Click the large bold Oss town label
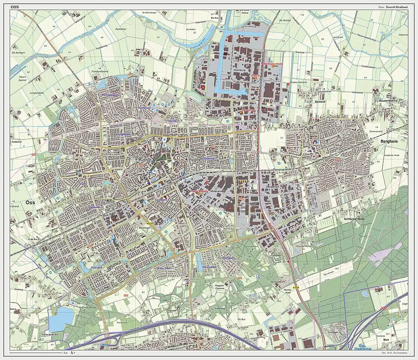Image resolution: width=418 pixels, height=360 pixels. tap(30, 203)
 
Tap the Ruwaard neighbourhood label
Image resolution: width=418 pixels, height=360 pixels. tap(96, 268)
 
